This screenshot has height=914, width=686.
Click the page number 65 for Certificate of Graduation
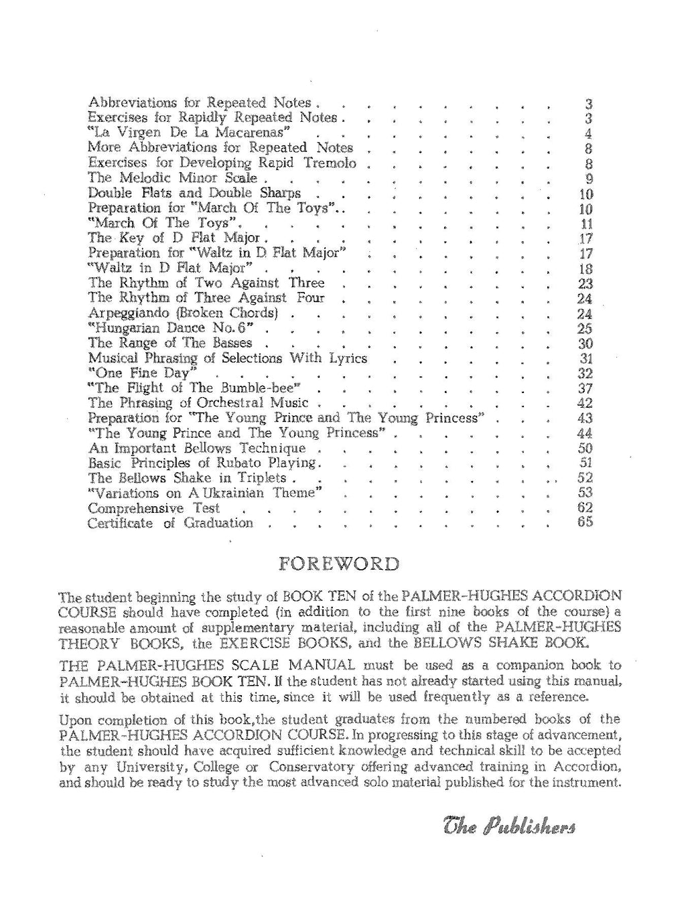click(x=585, y=522)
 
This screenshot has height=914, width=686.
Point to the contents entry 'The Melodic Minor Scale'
click(x=173, y=178)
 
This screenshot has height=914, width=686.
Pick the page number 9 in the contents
click(x=589, y=178)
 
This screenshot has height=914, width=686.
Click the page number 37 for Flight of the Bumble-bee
click(x=585, y=388)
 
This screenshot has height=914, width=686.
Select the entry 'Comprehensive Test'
click(x=154, y=508)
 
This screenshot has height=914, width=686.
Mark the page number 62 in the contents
click(x=585, y=508)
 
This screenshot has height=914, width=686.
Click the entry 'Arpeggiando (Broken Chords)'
click(x=183, y=313)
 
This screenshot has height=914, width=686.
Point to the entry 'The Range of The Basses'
click(x=170, y=343)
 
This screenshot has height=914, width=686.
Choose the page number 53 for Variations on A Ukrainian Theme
click(x=585, y=493)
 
